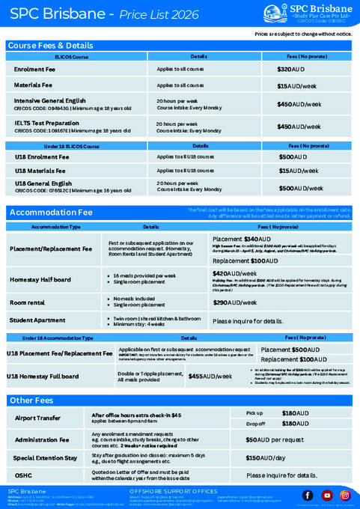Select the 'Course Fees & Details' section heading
coord(51,46)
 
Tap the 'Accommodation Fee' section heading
coord(50,213)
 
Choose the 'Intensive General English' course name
coord(49,100)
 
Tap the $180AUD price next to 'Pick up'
coord(295,412)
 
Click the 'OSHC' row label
coord(25,475)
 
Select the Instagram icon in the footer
coord(345,496)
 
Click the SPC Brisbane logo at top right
coord(308,13)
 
